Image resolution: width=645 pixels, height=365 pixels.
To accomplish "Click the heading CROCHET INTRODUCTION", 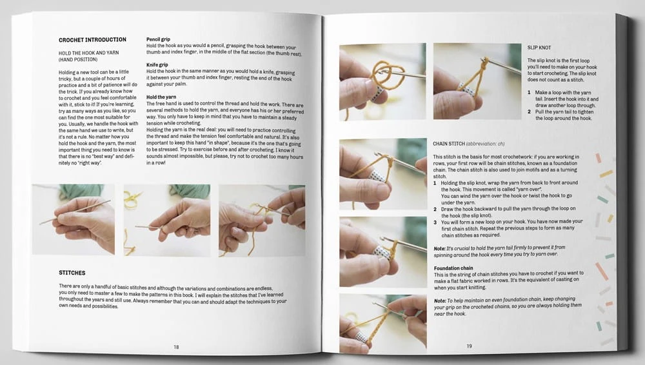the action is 92,40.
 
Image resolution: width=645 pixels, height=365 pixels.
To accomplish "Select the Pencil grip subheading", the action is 159,39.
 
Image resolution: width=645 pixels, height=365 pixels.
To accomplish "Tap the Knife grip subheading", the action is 157,65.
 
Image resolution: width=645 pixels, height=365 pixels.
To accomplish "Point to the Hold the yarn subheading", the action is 161,97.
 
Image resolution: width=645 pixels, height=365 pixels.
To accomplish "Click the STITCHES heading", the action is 72,273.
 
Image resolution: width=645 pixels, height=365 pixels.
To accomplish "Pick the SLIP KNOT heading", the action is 539,48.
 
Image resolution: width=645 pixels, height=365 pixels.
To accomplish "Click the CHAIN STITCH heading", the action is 449,144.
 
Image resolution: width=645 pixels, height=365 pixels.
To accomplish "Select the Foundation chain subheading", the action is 453,268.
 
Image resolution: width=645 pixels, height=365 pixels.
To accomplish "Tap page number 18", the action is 176,348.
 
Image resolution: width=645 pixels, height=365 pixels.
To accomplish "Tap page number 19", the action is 469,346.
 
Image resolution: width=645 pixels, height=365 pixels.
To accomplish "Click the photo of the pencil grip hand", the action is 74,219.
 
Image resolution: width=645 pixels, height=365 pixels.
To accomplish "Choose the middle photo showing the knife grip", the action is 166,220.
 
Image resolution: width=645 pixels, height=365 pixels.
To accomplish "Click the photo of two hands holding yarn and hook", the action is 262,221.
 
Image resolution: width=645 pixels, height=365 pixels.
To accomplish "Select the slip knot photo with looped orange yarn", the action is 382,82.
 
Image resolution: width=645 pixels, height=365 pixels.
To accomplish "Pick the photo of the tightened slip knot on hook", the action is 477,81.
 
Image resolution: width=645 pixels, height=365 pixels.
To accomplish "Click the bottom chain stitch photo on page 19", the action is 383,324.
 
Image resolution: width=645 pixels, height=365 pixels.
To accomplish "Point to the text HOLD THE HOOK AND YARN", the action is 88,53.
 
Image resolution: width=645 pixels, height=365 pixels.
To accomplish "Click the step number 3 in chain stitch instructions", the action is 435,222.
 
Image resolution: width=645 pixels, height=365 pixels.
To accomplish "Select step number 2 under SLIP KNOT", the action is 530,112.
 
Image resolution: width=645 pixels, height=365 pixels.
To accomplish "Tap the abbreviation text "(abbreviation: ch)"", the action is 486,144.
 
